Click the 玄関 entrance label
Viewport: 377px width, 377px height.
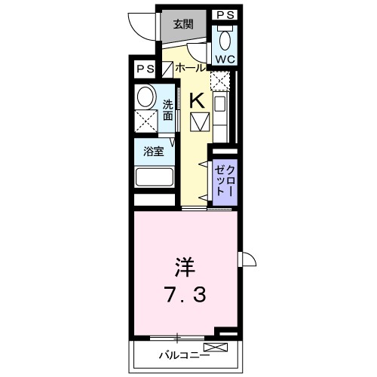pyautogui.click(x=182, y=23)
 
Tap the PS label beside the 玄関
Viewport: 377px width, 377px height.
pyautogui.click(x=225, y=14)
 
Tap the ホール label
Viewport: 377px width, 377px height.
pyautogui.click(x=188, y=68)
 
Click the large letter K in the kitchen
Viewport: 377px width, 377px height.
pyautogui.click(x=195, y=100)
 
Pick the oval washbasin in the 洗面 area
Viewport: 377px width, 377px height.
pyautogui.click(x=146, y=96)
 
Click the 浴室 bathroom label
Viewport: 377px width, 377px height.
pyautogui.click(x=154, y=150)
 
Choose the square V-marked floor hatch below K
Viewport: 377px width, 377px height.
pyautogui.click(x=199, y=121)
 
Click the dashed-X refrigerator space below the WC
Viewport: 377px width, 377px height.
pyautogui.click(x=219, y=79)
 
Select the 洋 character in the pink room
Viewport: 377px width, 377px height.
pyautogui.click(x=185, y=268)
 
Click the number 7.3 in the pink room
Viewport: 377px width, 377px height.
pyautogui.click(x=185, y=293)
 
